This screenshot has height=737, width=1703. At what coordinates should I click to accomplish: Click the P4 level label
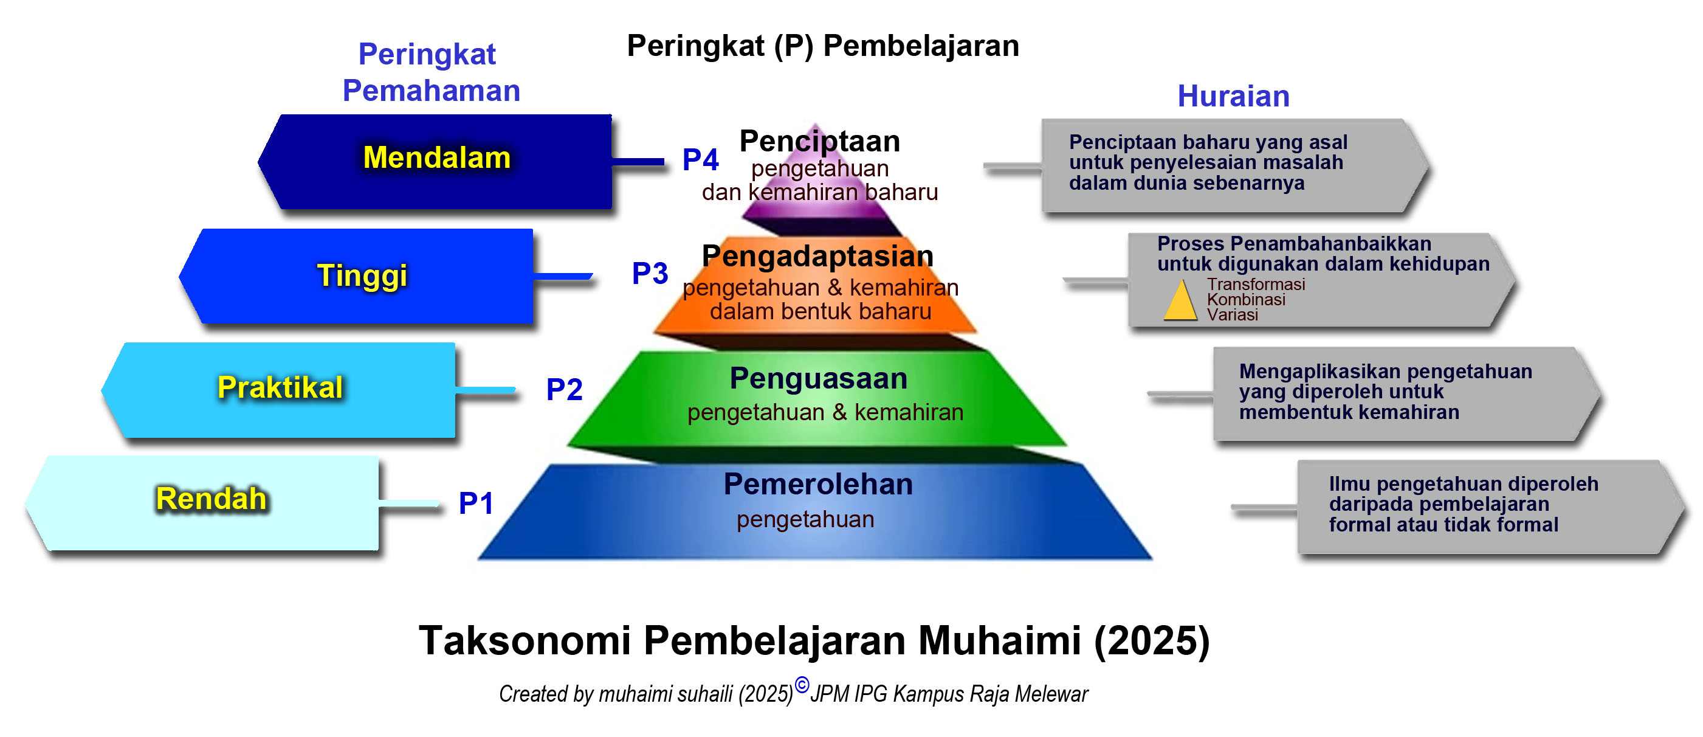700,159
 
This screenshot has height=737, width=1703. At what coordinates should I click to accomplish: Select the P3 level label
650,273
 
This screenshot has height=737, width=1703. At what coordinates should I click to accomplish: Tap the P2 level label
564,389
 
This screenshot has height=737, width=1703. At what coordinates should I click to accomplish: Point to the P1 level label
476,503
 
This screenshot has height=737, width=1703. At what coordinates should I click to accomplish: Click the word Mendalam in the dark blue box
437,157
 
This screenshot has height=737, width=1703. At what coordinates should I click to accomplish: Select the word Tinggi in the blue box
362,276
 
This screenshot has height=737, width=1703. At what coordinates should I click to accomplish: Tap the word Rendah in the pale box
211,498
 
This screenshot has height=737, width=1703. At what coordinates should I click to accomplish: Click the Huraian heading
1234,96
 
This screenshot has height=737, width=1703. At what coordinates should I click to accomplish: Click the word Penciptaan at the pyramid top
820,141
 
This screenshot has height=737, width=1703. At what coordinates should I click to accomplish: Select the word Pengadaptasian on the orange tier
818,256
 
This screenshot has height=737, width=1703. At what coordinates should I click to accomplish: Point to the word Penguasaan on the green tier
819,378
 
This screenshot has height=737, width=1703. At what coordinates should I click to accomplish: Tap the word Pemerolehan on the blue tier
819,483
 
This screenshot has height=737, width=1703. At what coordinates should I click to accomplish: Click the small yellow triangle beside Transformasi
1181,301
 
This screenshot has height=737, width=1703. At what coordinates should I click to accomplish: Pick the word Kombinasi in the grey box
1246,299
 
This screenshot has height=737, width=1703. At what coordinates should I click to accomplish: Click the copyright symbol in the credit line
801,685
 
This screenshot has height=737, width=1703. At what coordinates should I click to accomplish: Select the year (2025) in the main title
1152,640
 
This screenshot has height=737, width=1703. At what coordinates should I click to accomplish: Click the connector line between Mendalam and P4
638,161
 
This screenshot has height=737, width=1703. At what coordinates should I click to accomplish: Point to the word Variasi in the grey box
1233,314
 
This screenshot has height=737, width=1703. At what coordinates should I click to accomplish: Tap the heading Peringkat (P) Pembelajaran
823,46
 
